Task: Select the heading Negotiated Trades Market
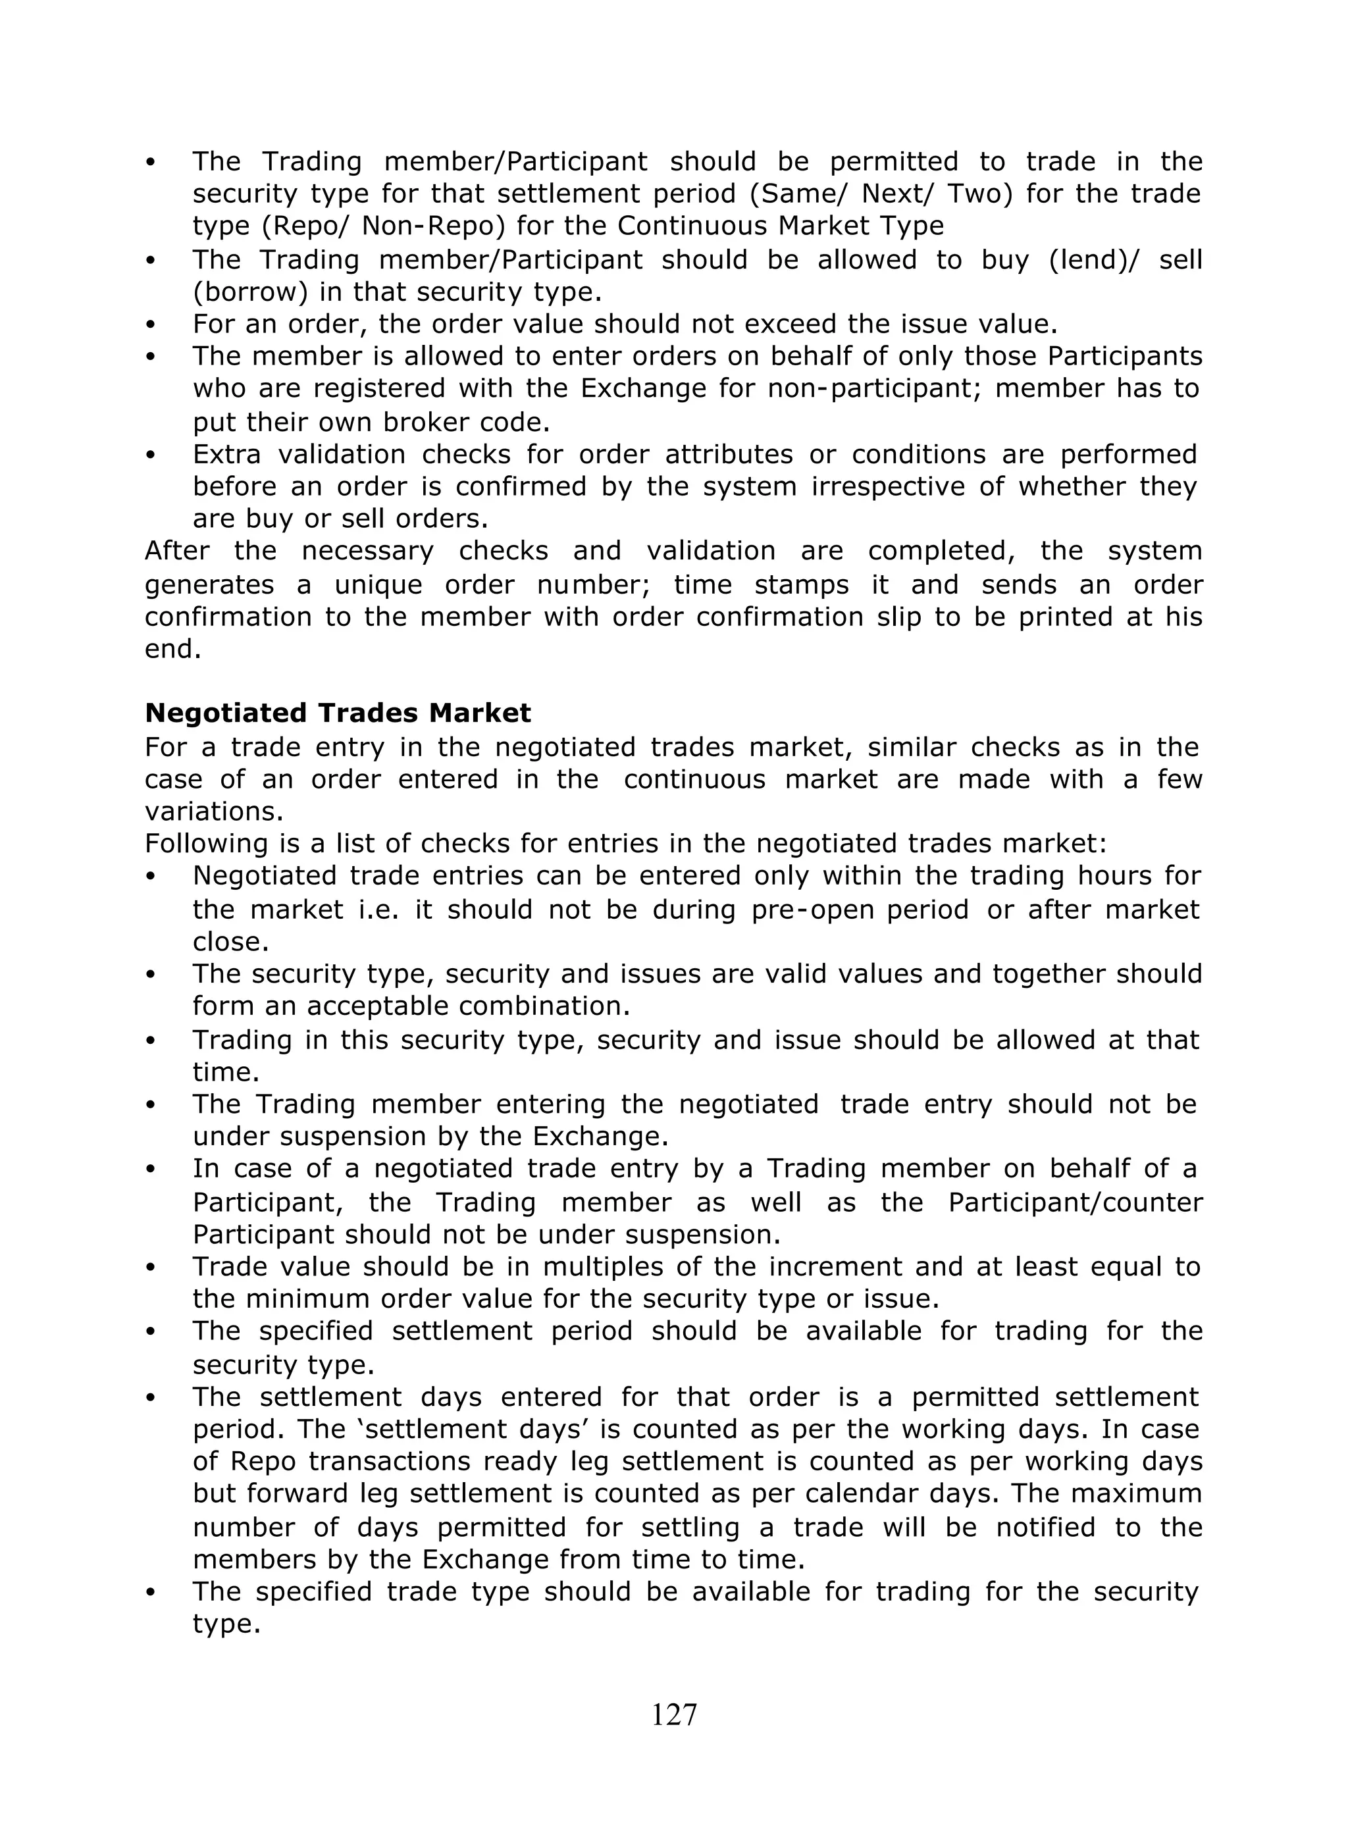338,713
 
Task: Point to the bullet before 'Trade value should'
150,1268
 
